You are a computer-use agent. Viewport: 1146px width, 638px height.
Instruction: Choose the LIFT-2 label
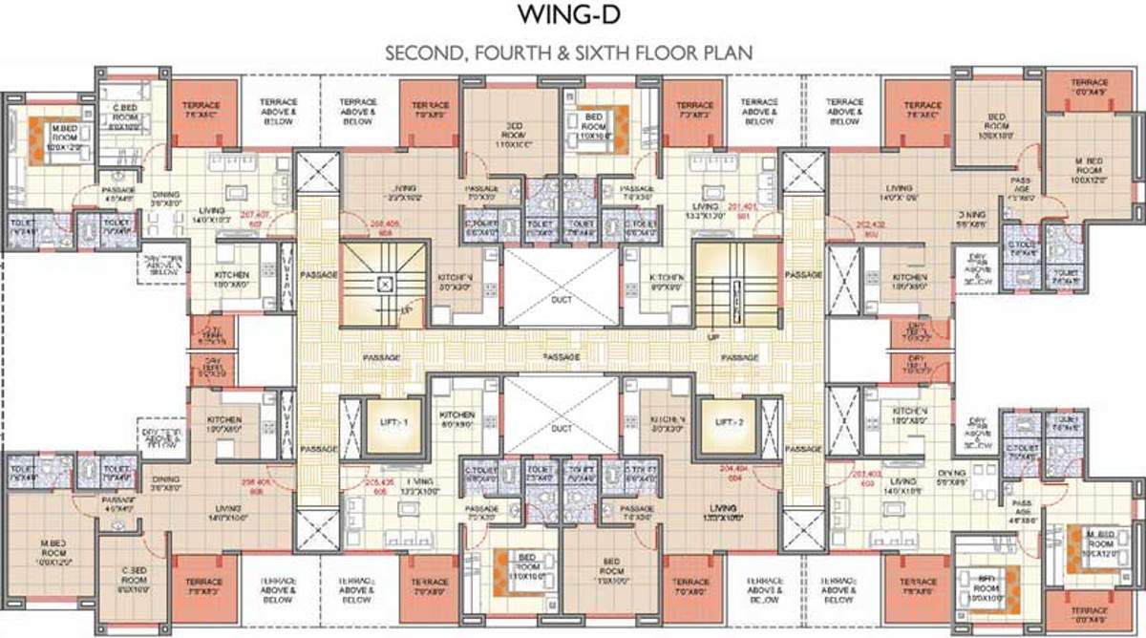(721, 421)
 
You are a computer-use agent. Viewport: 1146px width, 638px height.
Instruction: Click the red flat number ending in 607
(254, 219)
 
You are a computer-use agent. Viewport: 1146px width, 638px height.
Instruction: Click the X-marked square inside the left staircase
(382, 283)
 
